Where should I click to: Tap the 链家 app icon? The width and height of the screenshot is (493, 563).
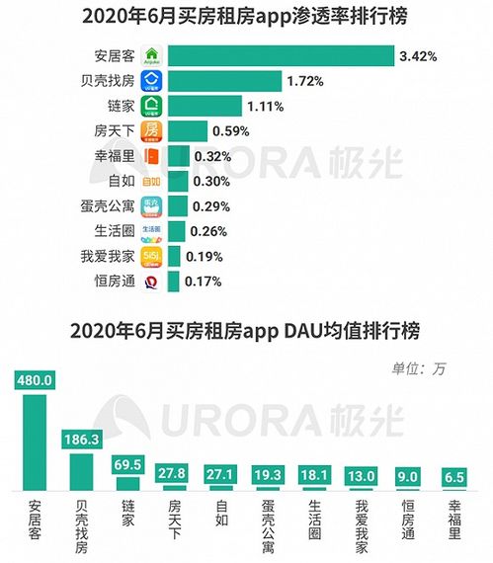coord(151,106)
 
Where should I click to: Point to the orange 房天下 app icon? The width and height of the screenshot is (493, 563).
coord(151,131)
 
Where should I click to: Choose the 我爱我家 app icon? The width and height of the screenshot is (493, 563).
coord(151,257)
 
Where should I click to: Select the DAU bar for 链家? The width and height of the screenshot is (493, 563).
coord(128,482)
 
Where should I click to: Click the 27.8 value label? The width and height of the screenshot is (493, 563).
coord(174,474)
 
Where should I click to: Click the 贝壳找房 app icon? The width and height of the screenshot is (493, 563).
coord(151,81)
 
